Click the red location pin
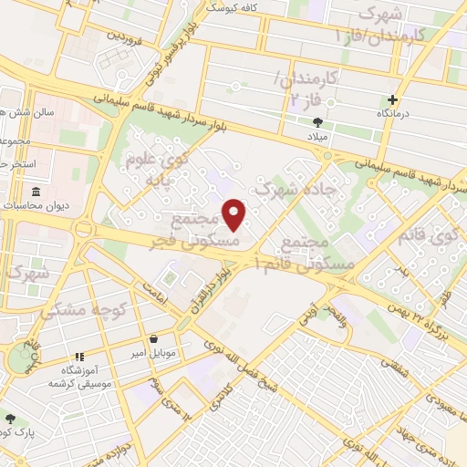pyautogui.click(x=234, y=214)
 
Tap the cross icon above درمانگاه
pyautogui.click(x=393, y=99)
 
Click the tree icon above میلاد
pyautogui.click(x=317, y=121)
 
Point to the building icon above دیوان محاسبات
pyautogui.click(x=36, y=192)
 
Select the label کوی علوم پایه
pyautogui.click(x=168, y=170)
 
